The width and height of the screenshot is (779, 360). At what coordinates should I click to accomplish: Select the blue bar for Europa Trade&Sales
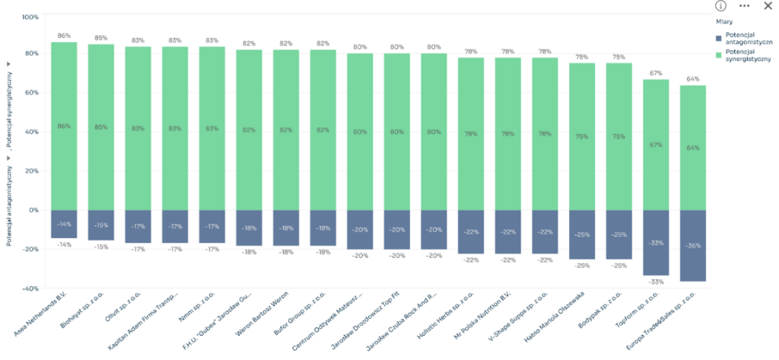click(692, 245)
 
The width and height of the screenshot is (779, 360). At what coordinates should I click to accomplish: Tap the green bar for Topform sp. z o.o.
click(656, 145)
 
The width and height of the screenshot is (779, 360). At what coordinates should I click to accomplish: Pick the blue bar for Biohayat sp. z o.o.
click(100, 225)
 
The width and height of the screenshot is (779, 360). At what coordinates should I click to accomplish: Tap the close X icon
click(767, 6)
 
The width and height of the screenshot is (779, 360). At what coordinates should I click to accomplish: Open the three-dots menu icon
click(744, 6)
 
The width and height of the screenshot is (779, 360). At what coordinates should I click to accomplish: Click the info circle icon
click(720, 6)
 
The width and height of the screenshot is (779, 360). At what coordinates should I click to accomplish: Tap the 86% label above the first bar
click(64, 36)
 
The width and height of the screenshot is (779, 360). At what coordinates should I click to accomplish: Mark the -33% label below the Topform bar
click(656, 282)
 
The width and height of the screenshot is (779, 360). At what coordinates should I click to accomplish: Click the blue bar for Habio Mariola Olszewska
click(582, 234)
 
